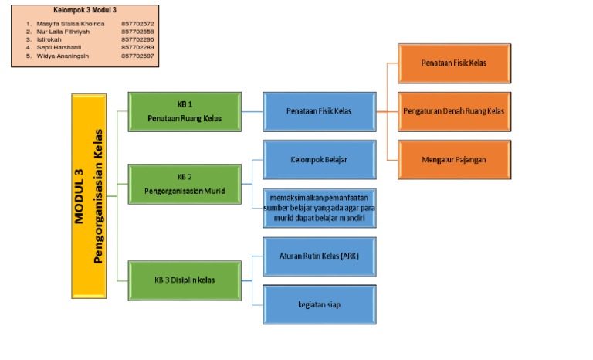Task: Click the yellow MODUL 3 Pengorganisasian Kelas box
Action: coord(88,195)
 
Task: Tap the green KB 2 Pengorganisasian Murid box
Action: coord(185,183)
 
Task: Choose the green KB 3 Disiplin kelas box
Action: coord(185,280)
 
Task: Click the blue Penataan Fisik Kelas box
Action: coord(319,111)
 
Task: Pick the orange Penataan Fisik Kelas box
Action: coord(453,63)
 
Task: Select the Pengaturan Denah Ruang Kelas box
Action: coord(453,111)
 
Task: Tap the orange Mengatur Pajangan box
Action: coord(453,160)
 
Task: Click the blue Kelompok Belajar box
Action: coord(319,160)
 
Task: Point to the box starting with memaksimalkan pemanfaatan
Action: coord(319,208)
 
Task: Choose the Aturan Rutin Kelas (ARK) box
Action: coord(319,256)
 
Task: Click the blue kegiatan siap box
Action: coord(319,304)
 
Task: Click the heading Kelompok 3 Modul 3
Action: coord(84,10)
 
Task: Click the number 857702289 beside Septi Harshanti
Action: coord(137,48)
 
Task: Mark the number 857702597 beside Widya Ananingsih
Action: coord(137,56)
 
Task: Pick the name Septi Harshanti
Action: coord(59,48)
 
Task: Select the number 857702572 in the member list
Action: coord(137,24)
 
